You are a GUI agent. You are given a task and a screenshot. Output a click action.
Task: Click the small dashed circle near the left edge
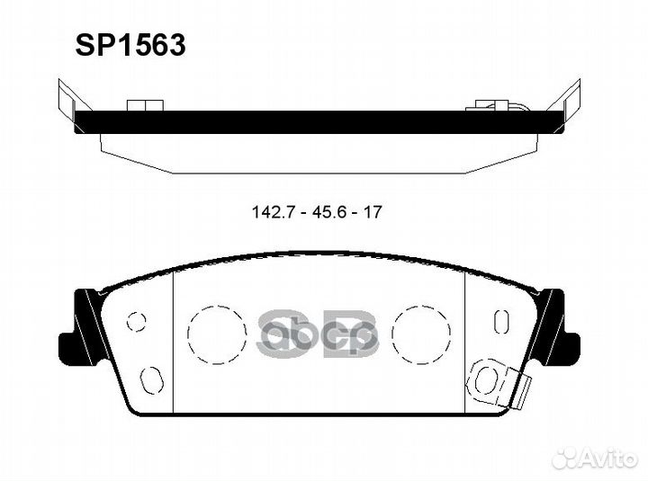[137, 321]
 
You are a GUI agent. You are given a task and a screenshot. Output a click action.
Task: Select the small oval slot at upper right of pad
[501, 321]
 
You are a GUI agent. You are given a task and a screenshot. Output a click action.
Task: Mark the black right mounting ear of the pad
[559, 329]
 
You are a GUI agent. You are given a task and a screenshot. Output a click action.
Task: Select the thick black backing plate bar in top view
[315, 121]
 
